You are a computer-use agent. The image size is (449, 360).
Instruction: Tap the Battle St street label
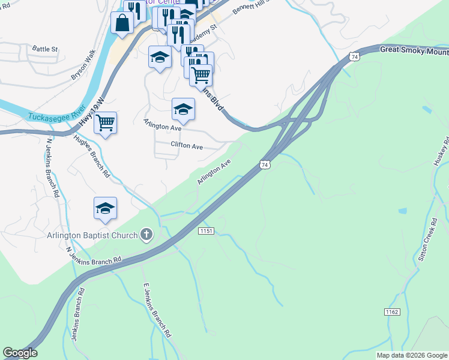(45, 49)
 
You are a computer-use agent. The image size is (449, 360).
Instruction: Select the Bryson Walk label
(83, 65)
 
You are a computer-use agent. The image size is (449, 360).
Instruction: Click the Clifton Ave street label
(187, 145)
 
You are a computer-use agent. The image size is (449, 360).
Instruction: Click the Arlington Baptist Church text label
(92, 235)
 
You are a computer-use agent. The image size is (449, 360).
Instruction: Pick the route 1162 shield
(391, 312)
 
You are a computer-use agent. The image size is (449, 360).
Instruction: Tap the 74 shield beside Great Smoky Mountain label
(355, 56)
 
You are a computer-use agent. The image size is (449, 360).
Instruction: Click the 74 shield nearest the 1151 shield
(265, 164)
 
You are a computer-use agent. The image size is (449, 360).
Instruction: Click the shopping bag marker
(122, 23)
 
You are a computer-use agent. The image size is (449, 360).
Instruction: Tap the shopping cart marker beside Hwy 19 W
(106, 123)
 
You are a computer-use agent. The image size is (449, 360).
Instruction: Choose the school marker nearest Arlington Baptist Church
(105, 208)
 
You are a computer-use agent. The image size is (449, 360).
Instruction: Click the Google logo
(20, 353)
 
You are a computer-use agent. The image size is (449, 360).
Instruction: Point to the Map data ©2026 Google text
(412, 355)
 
